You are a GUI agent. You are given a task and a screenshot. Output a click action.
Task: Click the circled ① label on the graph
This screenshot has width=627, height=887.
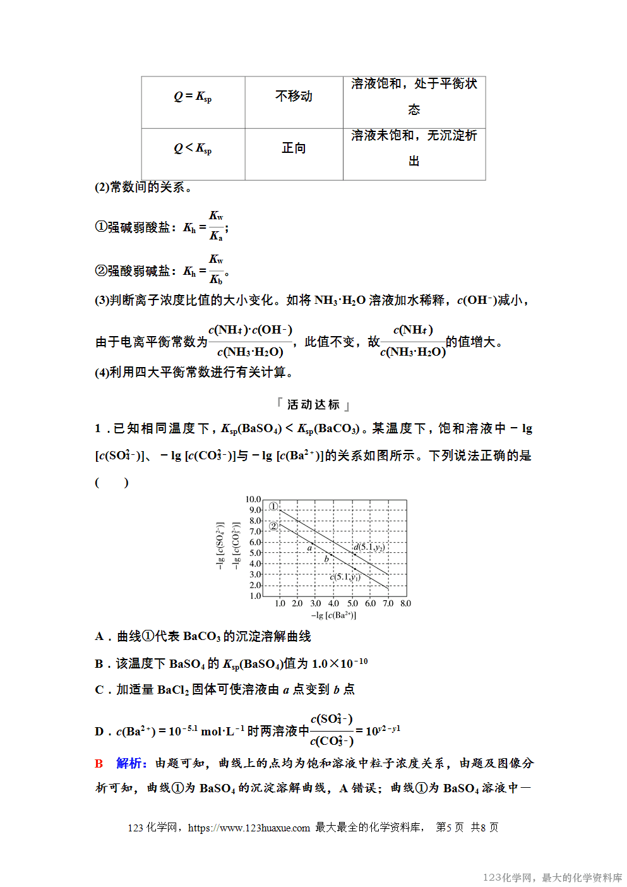[x=273, y=506]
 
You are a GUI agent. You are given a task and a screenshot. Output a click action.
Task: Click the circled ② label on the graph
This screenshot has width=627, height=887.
[x=273, y=526]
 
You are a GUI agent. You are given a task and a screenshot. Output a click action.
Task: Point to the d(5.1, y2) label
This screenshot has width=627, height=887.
[x=369, y=547]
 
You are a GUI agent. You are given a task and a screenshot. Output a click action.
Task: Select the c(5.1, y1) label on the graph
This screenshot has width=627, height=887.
[x=345, y=577]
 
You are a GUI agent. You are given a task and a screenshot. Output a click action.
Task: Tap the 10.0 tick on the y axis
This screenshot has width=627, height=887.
[x=253, y=499]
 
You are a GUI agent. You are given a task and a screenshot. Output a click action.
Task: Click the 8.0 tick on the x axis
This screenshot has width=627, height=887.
[x=405, y=603]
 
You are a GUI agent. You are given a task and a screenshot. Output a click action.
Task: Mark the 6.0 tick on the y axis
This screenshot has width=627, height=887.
[x=254, y=542]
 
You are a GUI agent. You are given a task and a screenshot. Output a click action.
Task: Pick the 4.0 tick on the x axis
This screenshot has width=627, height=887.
[x=333, y=603]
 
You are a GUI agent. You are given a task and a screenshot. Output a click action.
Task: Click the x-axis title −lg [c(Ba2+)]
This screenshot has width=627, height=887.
[x=333, y=615]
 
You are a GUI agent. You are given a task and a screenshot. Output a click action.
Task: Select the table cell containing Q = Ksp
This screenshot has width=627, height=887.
[x=193, y=97]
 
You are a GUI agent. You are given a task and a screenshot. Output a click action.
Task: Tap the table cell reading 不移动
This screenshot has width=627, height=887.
[x=294, y=96]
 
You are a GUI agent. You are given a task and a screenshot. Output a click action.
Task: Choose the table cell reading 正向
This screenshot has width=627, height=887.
[x=294, y=148]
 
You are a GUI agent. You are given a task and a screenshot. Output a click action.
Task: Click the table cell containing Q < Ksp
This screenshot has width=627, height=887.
[x=193, y=148]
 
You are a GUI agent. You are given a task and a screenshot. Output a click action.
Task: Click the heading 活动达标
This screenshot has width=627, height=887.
[x=313, y=404]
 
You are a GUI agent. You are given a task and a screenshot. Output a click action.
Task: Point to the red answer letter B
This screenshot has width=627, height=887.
[x=99, y=763]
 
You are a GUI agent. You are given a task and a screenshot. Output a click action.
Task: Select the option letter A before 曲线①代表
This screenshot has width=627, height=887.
[x=99, y=636]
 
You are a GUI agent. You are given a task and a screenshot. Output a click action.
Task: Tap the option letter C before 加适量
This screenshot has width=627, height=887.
[x=99, y=689]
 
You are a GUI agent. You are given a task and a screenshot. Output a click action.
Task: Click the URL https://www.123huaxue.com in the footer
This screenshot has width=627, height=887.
[x=249, y=828]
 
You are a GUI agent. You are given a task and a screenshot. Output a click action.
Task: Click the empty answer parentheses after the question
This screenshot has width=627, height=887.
[x=112, y=483]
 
